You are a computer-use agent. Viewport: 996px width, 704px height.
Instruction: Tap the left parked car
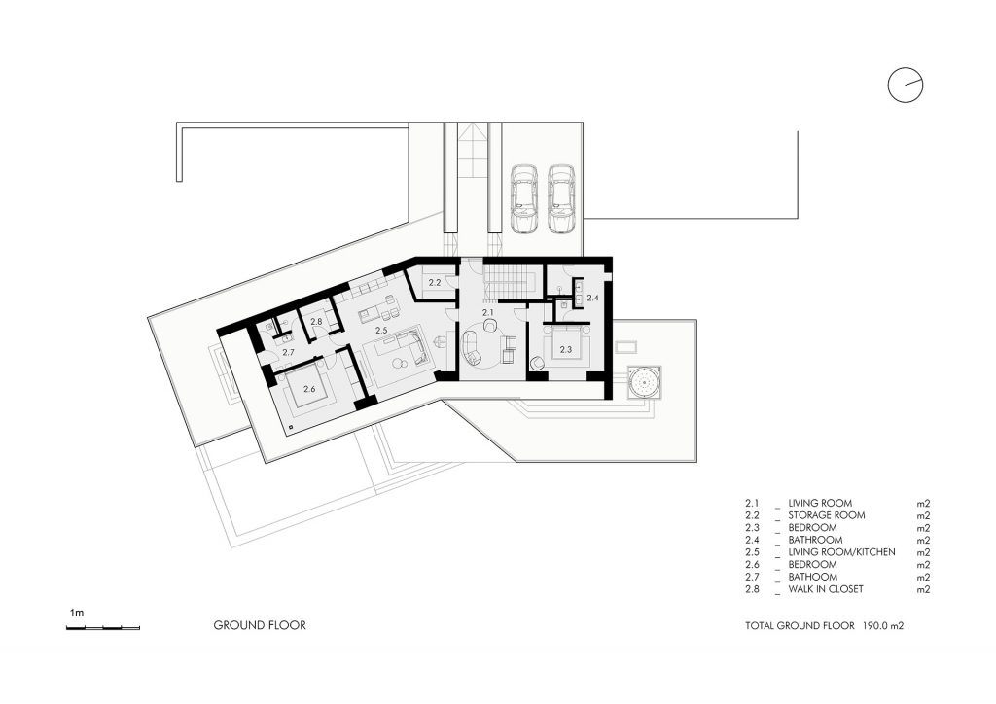click(x=524, y=199)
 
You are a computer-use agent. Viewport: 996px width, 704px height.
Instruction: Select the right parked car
click(x=561, y=199)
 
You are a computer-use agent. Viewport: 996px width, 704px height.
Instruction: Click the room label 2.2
click(x=435, y=283)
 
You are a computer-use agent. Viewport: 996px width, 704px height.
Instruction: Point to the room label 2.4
click(x=592, y=298)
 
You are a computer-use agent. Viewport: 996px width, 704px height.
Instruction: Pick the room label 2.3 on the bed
click(x=566, y=349)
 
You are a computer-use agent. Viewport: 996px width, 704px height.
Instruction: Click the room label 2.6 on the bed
click(x=309, y=389)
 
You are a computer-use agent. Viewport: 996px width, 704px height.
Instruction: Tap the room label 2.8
click(x=316, y=321)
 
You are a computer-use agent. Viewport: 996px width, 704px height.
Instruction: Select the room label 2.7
click(x=288, y=352)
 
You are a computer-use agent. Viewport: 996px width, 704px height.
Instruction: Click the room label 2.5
click(x=381, y=330)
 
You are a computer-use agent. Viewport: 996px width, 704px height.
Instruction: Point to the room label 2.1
click(x=488, y=312)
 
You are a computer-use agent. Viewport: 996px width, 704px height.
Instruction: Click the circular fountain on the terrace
click(x=644, y=382)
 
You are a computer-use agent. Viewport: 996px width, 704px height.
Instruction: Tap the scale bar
click(x=103, y=628)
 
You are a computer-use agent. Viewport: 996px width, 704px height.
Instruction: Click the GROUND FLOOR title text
click(x=260, y=625)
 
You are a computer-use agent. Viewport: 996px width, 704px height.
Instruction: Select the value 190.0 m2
click(x=883, y=626)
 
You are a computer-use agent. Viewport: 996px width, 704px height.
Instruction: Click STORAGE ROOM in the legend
click(x=827, y=515)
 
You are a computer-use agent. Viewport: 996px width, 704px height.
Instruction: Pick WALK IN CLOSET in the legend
click(x=826, y=589)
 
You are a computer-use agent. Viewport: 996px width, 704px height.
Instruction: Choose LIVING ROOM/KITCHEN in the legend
click(x=841, y=552)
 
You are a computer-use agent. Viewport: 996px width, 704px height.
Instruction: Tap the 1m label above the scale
click(x=76, y=613)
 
